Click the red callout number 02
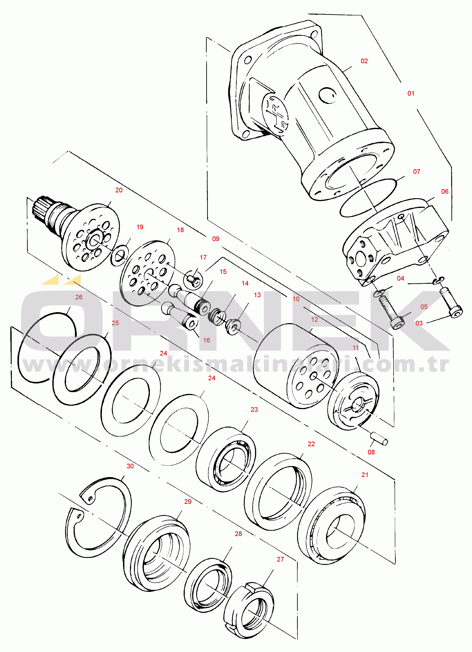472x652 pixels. [x=364, y=61]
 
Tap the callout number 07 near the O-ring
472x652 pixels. [x=417, y=172]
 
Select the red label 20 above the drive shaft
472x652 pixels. [x=119, y=190]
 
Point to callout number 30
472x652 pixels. [x=130, y=466]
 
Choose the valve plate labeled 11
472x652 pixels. [x=353, y=401]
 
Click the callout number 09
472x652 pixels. [x=216, y=239]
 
